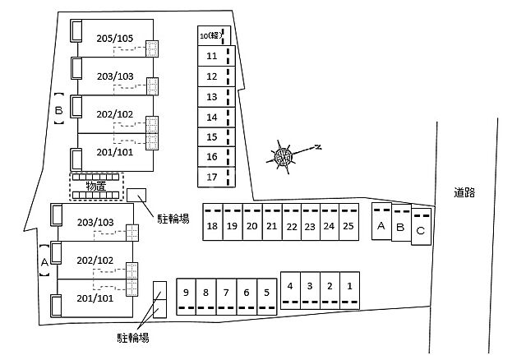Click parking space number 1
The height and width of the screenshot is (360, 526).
click(349, 288)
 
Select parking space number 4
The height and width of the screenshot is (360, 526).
click(290, 288)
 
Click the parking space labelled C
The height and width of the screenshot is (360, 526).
click(421, 230)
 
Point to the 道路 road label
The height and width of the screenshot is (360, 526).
click(464, 192)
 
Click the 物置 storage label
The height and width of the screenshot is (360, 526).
click(96, 186)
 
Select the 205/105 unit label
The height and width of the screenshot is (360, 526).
click(114, 39)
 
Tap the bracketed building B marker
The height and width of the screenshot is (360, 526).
click(58, 108)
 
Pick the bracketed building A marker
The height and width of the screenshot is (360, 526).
click(44, 260)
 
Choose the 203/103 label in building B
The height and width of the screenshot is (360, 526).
click(114, 76)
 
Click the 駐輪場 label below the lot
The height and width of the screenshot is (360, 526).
click(133, 337)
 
